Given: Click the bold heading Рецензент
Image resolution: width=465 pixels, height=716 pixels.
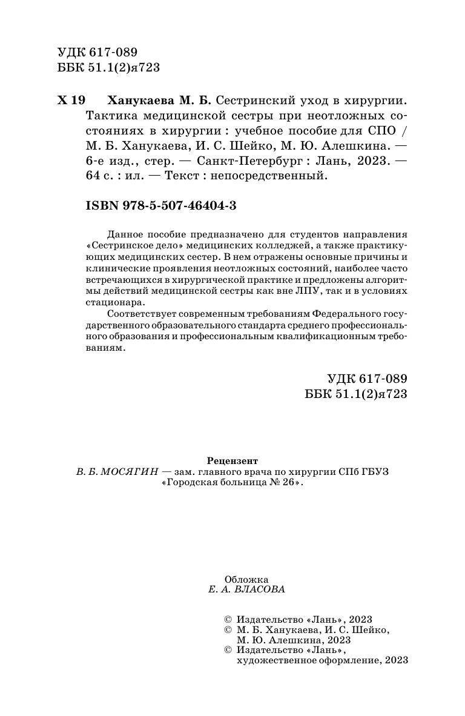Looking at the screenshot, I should click(232, 460).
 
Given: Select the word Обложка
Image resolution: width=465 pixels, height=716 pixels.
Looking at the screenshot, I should click(246, 578).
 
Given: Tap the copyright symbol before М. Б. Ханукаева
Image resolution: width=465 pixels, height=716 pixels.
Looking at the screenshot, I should click(228, 629).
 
